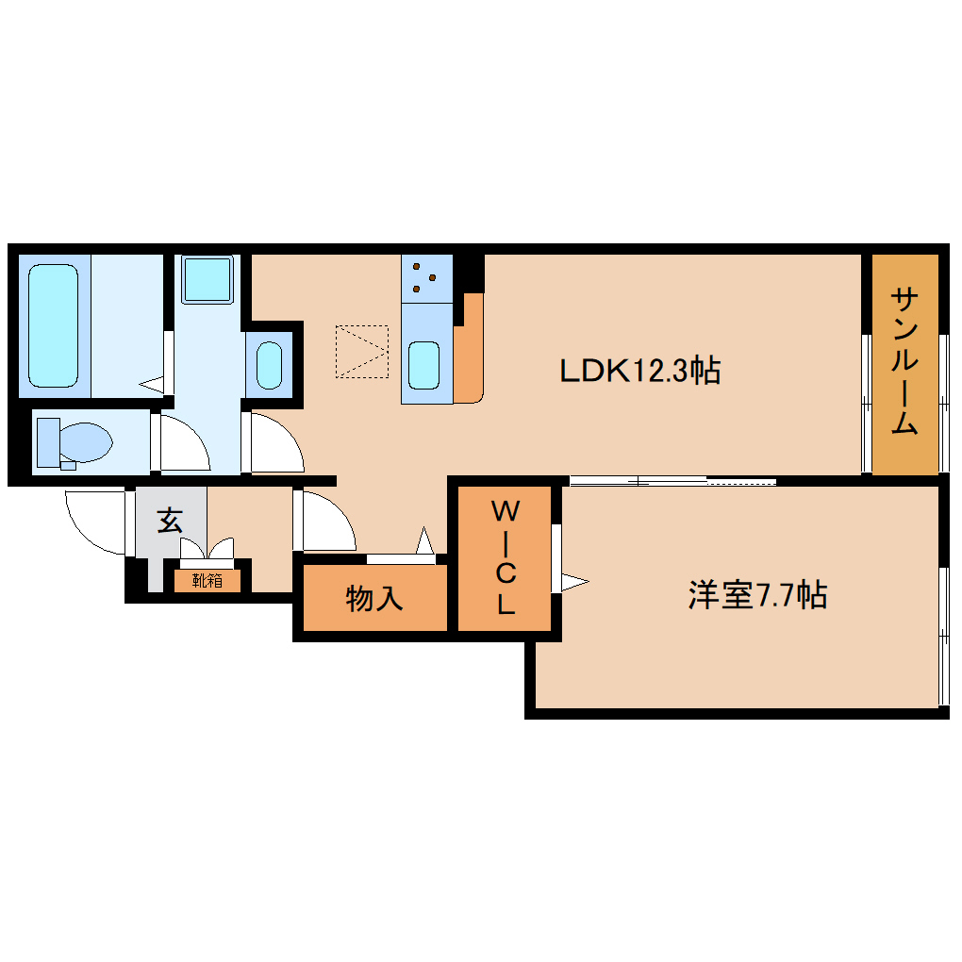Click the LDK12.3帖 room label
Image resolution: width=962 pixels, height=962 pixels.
[x=640, y=371]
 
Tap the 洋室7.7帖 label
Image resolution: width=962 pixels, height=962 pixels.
[x=757, y=595]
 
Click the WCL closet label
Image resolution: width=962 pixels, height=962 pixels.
[x=506, y=558]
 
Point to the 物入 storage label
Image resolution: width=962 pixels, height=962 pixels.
[x=374, y=598]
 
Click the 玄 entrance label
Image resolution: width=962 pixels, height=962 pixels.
[x=170, y=520]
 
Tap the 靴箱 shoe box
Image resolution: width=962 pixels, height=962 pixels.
[x=207, y=580]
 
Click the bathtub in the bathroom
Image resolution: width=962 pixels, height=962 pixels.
[x=53, y=324]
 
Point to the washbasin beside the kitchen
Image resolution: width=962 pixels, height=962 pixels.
[x=270, y=366]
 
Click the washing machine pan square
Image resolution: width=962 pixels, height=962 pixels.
[x=207, y=278]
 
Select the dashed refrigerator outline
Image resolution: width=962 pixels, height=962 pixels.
[x=362, y=351]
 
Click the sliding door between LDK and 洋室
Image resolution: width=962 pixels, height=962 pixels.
[x=672, y=481]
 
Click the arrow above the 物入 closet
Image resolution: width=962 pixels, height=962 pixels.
[x=425, y=542]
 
